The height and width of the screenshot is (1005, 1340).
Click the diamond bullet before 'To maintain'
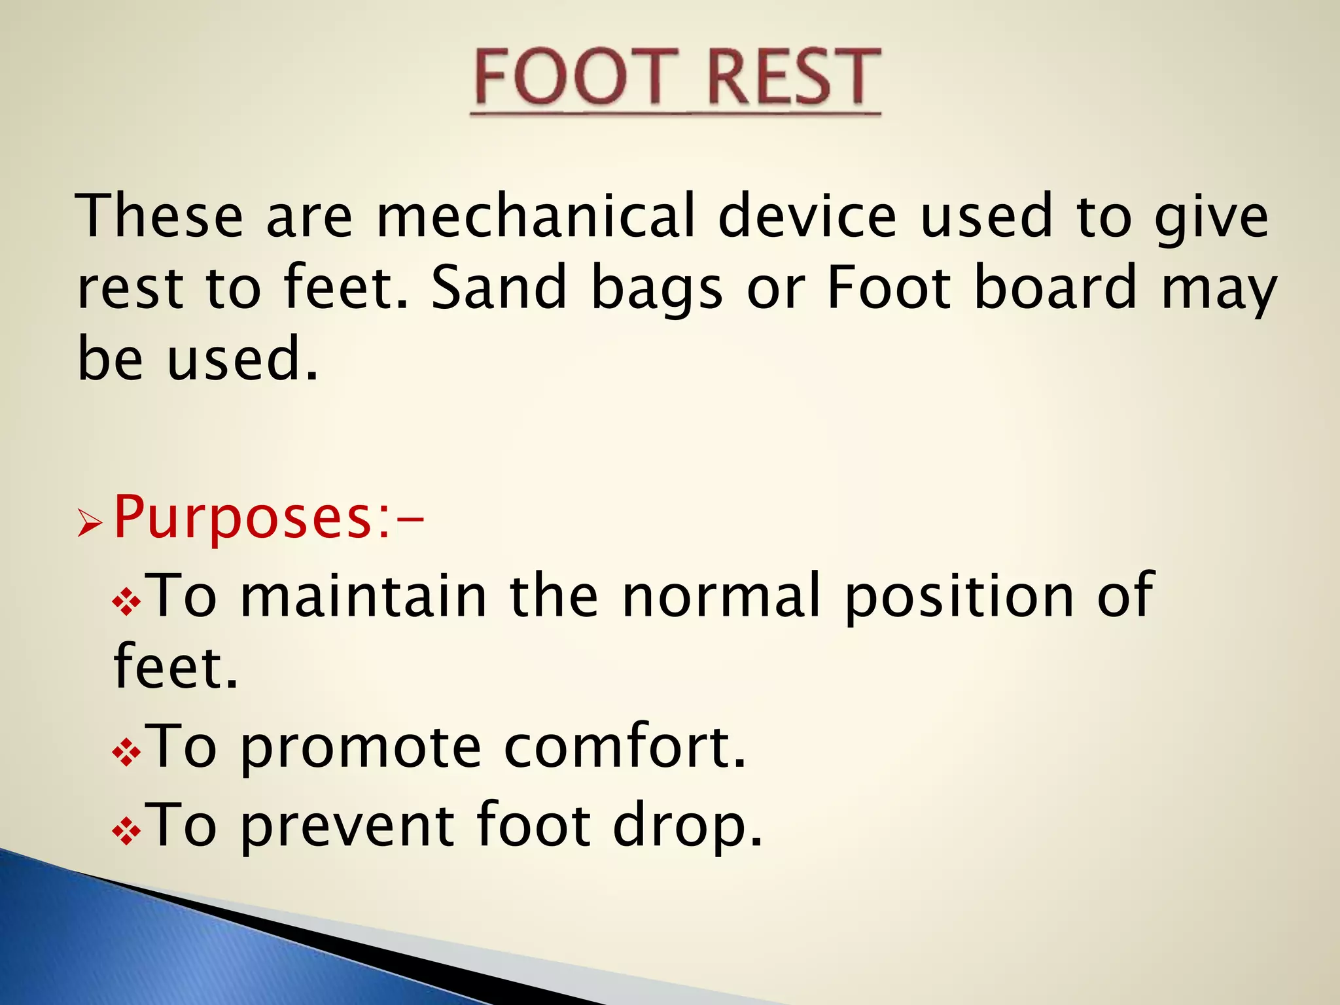pyautogui.click(x=126, y=602)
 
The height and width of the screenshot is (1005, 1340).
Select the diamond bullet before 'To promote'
pyautogui.click(x=126, y=752)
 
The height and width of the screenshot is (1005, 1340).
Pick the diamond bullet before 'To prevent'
pyautogui.click(x=126, y=831)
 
